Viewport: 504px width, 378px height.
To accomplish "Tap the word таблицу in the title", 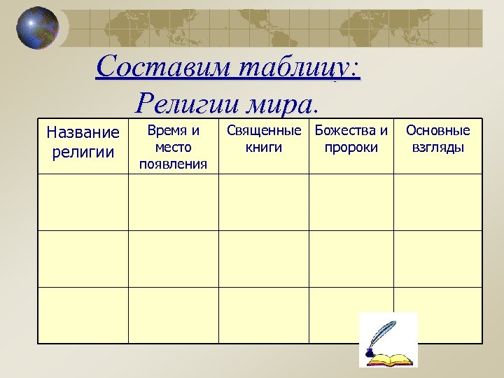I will click(x=298, y=67).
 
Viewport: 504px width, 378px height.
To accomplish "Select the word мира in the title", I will click(x=280, y=104).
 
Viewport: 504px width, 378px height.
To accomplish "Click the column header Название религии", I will click(x=83, y=142).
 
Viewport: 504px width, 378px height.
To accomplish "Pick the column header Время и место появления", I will click(x=173, y=147).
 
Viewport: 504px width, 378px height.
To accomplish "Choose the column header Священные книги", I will click(x=264, y=139).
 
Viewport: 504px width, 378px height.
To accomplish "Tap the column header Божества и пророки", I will click(x=351, y=139).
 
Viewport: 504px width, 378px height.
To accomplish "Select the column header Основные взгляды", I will click(x=437, y=139).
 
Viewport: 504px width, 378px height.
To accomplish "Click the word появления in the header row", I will click(x=173, y=164).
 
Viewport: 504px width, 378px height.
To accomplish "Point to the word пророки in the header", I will click(x=351, y=148).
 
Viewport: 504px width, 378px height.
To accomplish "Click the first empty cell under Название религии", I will click(x=83, y=202).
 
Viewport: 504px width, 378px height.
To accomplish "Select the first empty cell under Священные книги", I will click(x=264, y=202).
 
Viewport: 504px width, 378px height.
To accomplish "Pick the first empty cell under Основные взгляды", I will click(x=437, y=202).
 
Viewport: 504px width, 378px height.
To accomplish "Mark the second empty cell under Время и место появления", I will click(x=173, y=259).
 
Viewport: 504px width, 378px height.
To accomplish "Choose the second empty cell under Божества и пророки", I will click(x=351, y=259).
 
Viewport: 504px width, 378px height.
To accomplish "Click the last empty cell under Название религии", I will click(x=83, y=315).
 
